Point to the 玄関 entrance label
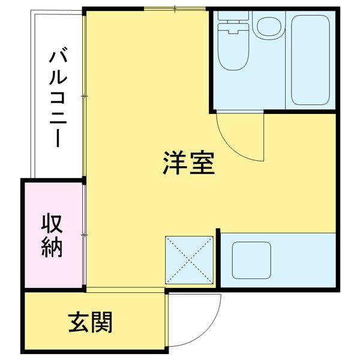coord(90,323)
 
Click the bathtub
coord(310,59)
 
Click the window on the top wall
coord(174,8)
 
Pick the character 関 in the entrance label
coord(102,323)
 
